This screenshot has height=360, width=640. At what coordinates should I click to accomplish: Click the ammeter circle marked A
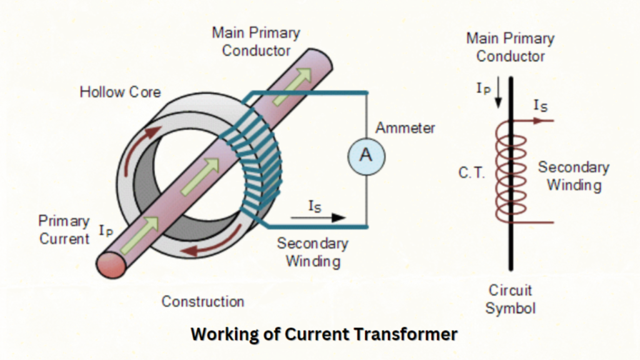coord(366,155)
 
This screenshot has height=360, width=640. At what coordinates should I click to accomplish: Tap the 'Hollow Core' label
coord(120,92)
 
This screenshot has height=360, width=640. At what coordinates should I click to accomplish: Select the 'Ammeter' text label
coord(405,128)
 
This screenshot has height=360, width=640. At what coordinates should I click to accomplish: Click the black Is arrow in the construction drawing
coord(325,217)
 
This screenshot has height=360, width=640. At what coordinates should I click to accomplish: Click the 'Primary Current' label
coord(64,229)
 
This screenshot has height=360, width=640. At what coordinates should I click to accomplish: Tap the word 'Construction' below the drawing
coord(202,301)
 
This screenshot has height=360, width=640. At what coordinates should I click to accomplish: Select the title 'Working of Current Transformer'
coord(324,334)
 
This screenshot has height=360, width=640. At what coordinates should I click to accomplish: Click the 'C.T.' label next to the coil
coord(471,173)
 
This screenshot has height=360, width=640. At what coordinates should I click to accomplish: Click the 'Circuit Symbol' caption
coord(511,299)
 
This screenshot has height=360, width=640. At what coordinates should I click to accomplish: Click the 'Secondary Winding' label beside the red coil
coord(573,176)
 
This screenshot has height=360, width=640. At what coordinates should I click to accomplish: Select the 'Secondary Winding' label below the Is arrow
coord(312,252)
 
